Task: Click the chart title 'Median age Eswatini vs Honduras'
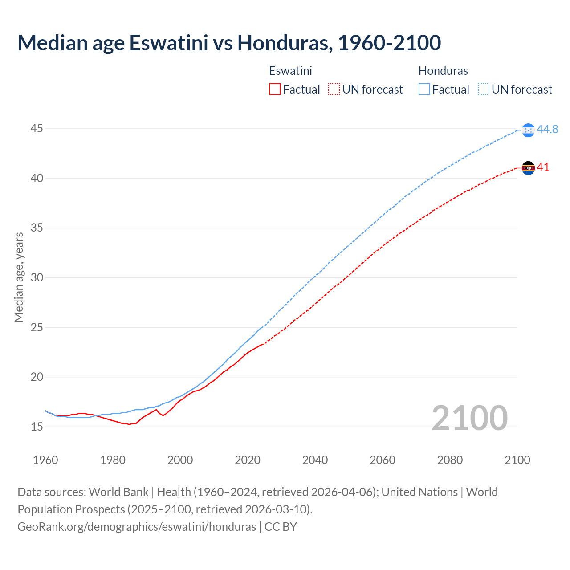[229, 43]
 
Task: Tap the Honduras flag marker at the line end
[528, 130]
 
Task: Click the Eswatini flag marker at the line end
[528, 168]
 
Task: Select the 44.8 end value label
[547, 129]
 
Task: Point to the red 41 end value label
[543, 167]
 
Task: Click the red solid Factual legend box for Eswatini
[275, 90]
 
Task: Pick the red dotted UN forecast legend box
[334, 90]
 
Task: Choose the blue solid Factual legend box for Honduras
[424, 90]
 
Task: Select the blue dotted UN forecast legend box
[484, 90]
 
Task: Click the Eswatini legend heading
[290, 71]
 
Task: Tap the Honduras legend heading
[443, 71]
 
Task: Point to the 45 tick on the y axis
[37, 129]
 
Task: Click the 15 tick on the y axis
[37, 427]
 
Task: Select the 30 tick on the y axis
[37, 277]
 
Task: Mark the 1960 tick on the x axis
[45, 460]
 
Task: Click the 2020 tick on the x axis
[248, 460]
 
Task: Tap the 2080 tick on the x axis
[450, 460]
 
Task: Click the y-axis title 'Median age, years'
[19, 277]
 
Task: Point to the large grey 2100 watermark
[469, 418]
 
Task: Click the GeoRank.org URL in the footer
[137, 527]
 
